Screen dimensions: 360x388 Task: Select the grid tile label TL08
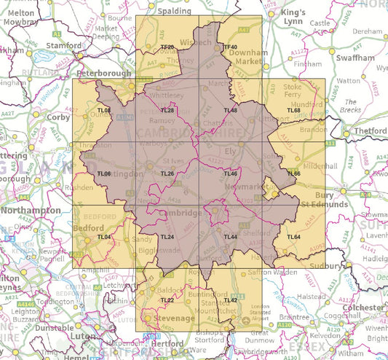coord(103,110)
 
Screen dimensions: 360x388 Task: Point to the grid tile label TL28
coord(167,110)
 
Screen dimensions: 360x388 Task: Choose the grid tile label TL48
coord(231,110)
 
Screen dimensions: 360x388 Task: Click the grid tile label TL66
coord(294,173)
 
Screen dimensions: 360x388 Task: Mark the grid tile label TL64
coord(294,238)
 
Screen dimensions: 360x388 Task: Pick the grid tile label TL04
coord(103,238)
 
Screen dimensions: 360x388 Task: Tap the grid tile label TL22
coord(167,300)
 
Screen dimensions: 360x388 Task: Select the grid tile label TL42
coord(231,300)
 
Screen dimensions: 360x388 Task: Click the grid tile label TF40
coord(231,47)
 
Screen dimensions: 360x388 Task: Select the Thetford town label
coord(370,131)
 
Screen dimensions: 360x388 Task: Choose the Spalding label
coord(174,12)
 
